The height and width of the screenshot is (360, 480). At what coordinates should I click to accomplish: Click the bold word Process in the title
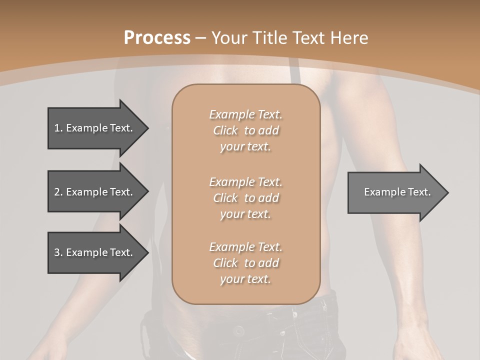pyautogui.click(x=157, y=38)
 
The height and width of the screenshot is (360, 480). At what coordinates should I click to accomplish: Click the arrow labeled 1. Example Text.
pyautogui.click(x=95, y=128)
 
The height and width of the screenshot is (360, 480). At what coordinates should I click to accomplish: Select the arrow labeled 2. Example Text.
pyautogui.click(x=95, y=192)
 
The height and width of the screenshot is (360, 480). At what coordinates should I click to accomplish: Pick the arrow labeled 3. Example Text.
pyautogui.click(x=95, y=252)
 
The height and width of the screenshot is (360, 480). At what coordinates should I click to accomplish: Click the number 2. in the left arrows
pyautogui.click(x=58, y=192)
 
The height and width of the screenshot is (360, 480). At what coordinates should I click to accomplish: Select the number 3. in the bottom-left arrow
pyautogui.click(x=58, y=252)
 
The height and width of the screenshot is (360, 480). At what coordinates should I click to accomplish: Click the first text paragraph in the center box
pyautogui.click(x=245, y=130)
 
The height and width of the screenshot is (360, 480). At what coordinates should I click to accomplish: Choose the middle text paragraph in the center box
pyautogui.click(x=245, y=198)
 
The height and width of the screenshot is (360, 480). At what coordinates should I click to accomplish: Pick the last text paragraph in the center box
pyautogui.click(x=245, y=263)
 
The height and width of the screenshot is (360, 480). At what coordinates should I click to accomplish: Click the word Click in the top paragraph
pyautogui.click(x=225, y=130)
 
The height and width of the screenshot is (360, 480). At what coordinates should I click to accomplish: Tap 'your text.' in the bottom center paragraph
pyautogui.click(x=245, y=279)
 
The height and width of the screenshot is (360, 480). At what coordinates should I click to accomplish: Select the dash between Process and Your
pyautogui.click(x=201, y=38)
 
